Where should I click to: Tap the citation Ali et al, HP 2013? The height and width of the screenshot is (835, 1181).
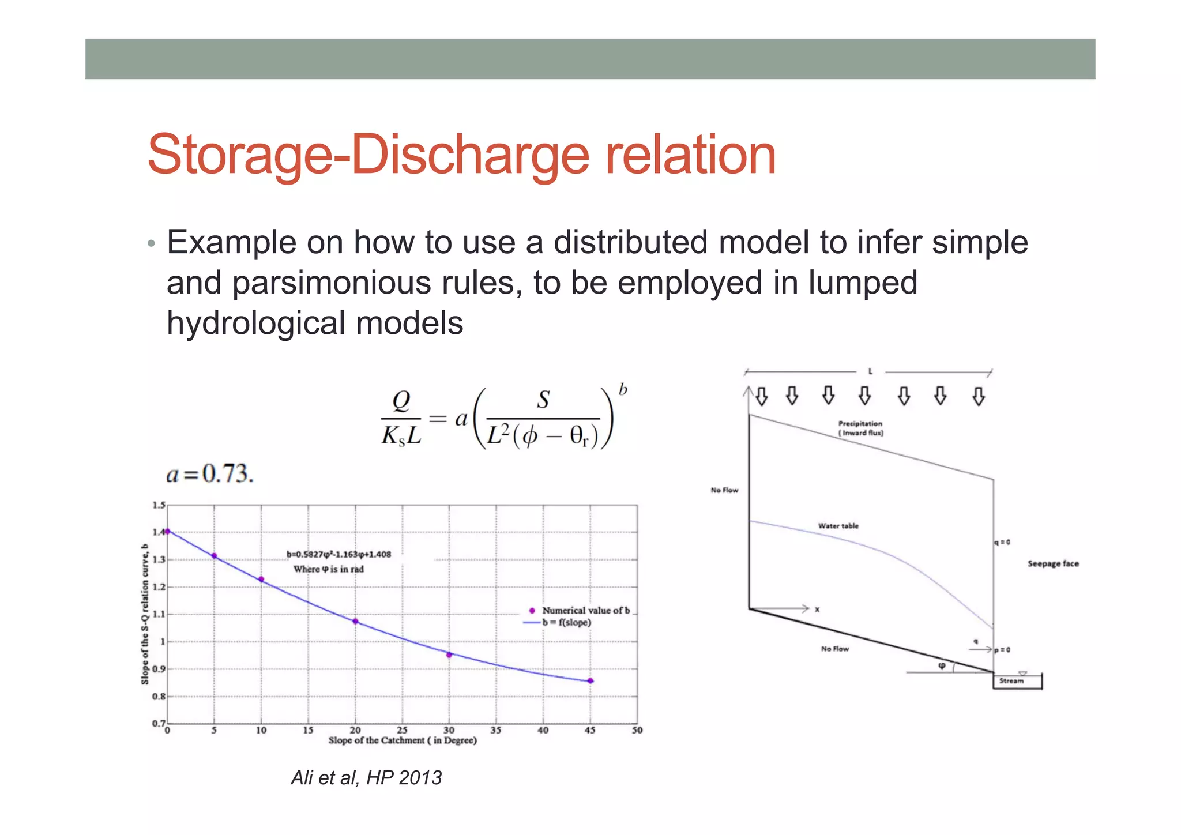coord(366,777)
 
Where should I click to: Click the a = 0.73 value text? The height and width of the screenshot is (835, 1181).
coord(210,473)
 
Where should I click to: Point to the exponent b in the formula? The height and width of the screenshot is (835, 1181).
coord(623,390)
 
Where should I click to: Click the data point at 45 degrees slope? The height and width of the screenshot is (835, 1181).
coord(590,680)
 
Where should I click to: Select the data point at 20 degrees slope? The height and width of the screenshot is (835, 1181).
coord(355,621)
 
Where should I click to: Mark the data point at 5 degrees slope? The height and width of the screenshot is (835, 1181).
coord(214,556)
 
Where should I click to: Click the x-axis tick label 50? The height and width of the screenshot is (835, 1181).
coord(637,730)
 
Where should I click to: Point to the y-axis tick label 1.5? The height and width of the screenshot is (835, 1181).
coord(159,505)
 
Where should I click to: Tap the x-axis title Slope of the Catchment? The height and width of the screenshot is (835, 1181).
coord(403,740)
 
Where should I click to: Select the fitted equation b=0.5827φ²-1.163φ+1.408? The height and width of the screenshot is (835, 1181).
coord(338,554)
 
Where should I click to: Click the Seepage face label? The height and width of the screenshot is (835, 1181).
coord(1052,563)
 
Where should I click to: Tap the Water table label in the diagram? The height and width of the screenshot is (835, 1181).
coord(838,526)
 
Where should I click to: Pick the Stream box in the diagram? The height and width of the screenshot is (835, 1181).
coord(1017,681)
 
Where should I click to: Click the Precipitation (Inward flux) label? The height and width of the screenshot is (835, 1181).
coord(860,428)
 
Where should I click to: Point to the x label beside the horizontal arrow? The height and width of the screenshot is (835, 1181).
coord(817,609)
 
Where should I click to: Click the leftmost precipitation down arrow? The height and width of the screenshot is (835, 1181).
coord(762,396)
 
